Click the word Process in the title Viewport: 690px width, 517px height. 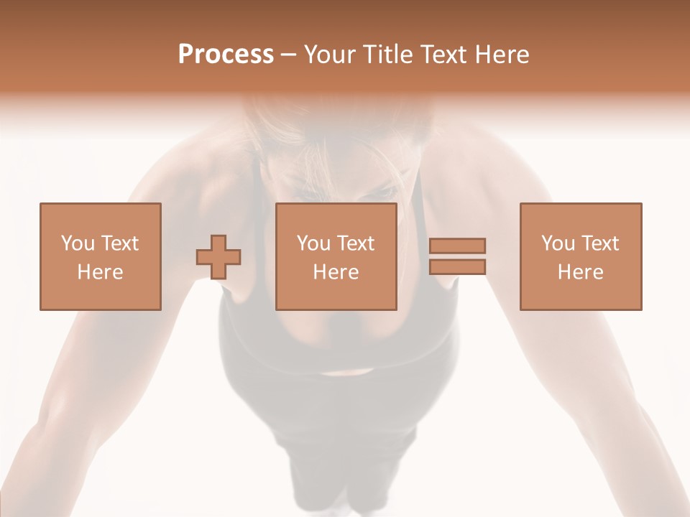point(226,55)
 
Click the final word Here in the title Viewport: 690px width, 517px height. point(502,55)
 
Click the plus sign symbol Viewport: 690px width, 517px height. point(218,257)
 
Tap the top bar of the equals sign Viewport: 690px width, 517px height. point(457,246)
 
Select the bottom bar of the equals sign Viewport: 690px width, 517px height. point(457,267)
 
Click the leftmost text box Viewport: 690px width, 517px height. point(100,257)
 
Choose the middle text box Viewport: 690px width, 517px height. point(336,257)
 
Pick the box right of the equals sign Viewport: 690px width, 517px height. point(580,257)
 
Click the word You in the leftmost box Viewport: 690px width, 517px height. point(77,243)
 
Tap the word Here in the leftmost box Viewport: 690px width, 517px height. point(100,272)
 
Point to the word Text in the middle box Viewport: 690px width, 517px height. point(355,243)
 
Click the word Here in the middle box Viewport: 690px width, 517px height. point(336,272)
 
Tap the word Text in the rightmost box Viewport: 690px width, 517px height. point(599,243)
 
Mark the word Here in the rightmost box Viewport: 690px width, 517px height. point(580,272)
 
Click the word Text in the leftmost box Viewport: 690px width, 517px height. point(119,243)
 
